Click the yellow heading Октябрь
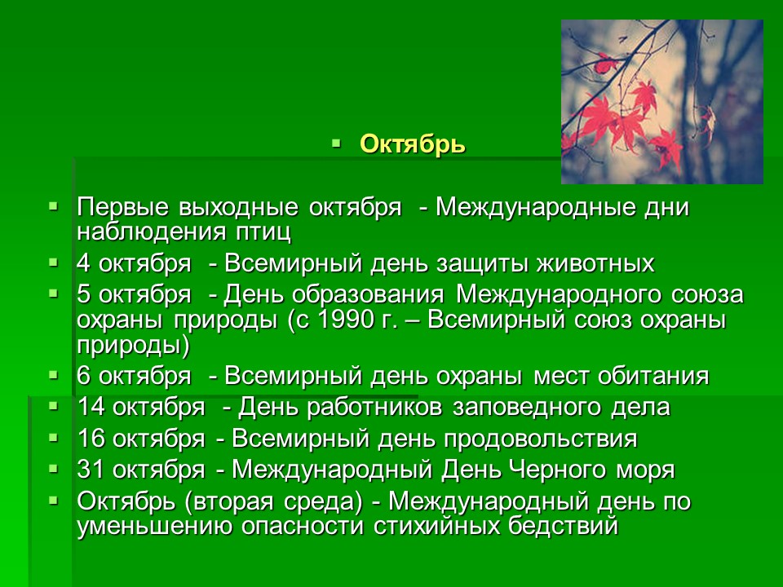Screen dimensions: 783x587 tap(413, 145)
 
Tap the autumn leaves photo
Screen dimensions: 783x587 tap(661, 102)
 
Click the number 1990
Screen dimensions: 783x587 tap(346, 320)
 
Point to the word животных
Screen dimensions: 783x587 tap(595, 263)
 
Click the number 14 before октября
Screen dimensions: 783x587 tap(91, 408)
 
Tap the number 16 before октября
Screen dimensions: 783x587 tap(91, 439)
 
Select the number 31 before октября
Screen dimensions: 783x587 tap(91, 470)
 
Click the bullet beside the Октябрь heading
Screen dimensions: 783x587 tap(335, 144)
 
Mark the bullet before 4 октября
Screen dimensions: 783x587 tap(54, 262)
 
